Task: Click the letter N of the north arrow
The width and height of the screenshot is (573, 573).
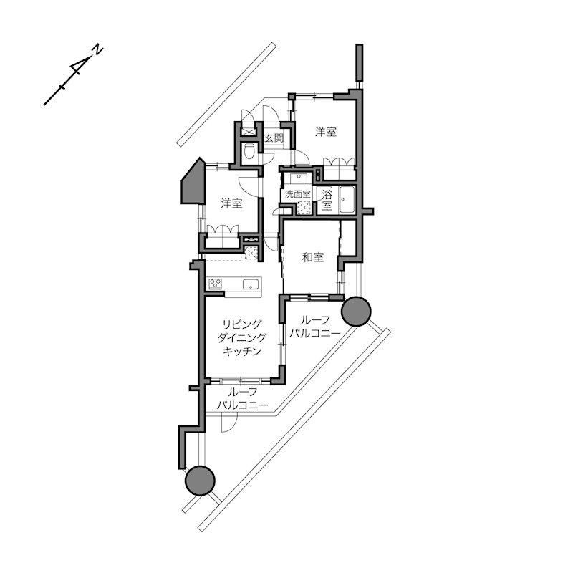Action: tap(98, 50)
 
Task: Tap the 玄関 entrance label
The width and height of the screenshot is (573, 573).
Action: tap(274, 138)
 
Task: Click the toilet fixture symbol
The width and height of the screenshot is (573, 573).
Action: tap(249, 151)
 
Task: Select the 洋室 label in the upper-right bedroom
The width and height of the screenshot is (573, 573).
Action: tap(326, 132)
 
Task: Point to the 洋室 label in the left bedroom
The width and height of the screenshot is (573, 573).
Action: tap(231, 203)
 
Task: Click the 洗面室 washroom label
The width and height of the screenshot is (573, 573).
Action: tap(298, 193)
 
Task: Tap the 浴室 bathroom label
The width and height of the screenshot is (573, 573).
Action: tap(327, 199)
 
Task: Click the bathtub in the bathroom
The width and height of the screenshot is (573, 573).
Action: tap(347, 200)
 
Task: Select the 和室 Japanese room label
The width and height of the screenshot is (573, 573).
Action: tap(313, 257)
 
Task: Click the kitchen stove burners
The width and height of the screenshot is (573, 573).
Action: tap(216, 284)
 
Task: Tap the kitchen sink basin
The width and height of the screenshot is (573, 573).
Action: tap(251, 284)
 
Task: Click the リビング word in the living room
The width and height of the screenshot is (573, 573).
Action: tap(242, 324)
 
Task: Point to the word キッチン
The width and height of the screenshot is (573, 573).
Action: tap(242, 351)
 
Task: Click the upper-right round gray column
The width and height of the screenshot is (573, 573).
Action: tap(356, 311)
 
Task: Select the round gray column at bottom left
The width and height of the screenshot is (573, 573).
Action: tap(201, 480)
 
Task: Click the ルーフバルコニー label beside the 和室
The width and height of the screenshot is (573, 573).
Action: tap(314, 327)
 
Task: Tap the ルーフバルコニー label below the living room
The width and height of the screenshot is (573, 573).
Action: tap(243, 399)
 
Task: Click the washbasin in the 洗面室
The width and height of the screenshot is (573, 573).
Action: tap(298, 178)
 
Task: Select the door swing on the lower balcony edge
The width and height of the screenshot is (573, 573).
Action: tap(229, 423)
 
